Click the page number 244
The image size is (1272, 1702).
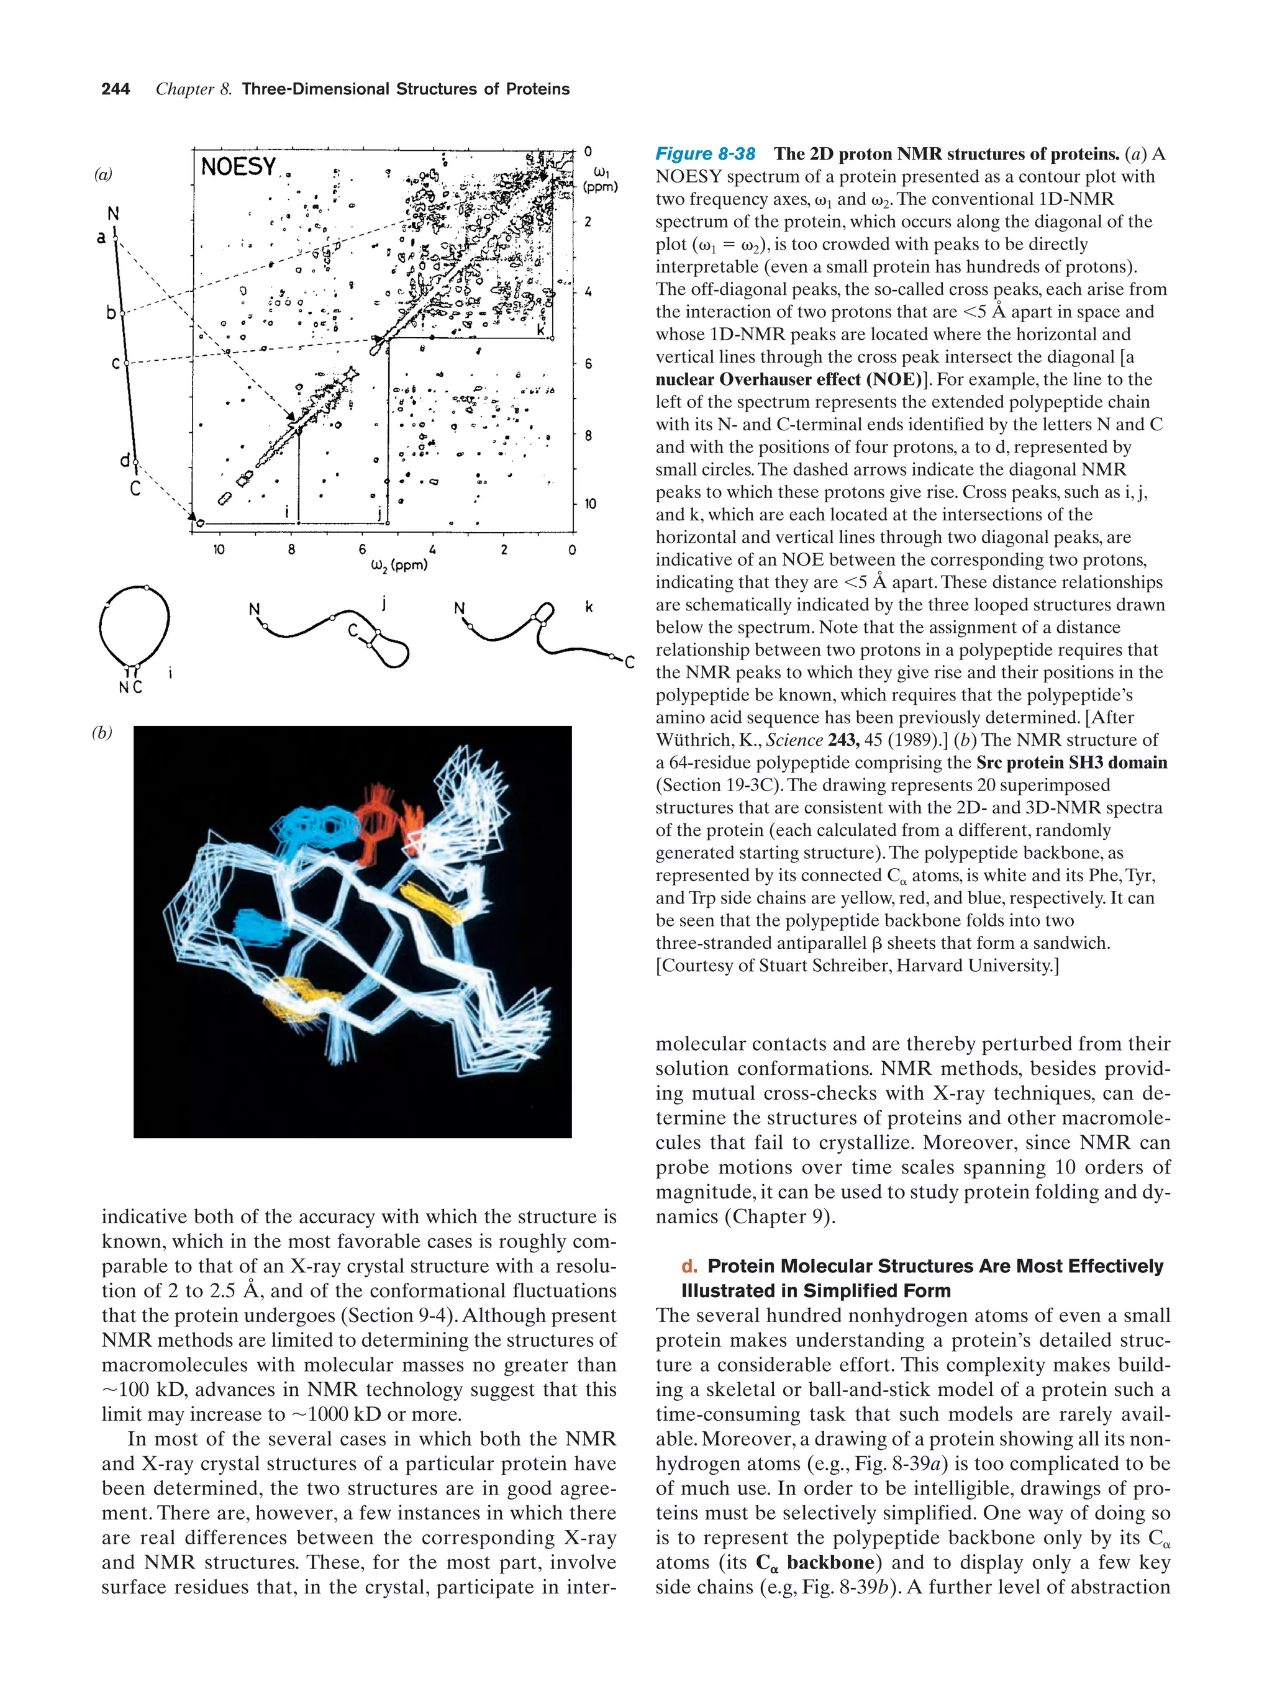click(x=116, y=89)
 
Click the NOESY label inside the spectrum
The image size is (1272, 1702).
click(x=238, y=166)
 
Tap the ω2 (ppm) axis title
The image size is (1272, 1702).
click(x=399, y=566)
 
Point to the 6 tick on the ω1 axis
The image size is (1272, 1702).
click(x=589, y=363)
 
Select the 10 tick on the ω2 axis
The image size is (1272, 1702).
click(x=219, y=550)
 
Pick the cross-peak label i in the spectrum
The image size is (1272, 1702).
click(x=287, y=511)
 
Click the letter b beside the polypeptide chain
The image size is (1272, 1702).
click(x=111, y=313)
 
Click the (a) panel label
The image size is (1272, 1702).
click(x=103, y=174)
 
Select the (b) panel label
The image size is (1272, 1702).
click(x=102, y=733)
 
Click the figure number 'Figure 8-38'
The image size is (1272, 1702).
click(x=705, y=154)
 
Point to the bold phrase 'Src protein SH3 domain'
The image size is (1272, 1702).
click(x=1071, y=763)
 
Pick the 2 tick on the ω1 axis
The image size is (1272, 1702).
click(x=589, y=222)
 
